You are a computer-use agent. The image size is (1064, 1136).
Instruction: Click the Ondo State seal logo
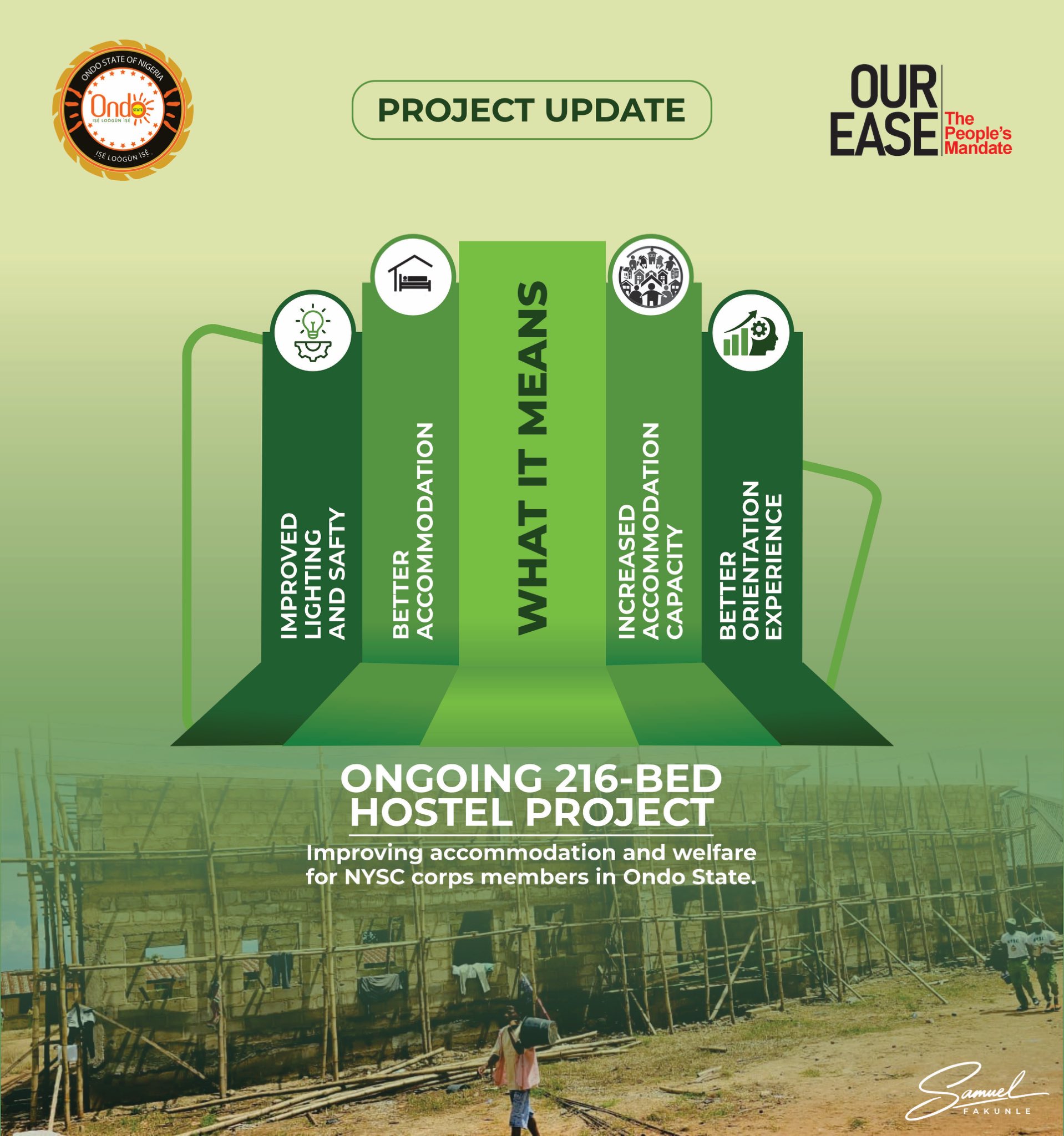click(123, 109)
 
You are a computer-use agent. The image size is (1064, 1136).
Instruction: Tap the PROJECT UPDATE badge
click(531, 110)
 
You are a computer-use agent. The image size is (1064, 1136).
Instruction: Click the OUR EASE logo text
click(884, 110)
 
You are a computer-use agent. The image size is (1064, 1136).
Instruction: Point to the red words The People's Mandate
click(977, 134)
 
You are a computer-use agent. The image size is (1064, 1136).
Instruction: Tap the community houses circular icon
click(650, 276)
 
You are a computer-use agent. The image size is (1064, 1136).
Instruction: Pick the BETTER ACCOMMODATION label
click(413, 531)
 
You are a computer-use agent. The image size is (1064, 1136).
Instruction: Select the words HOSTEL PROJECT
click(532, 812)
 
